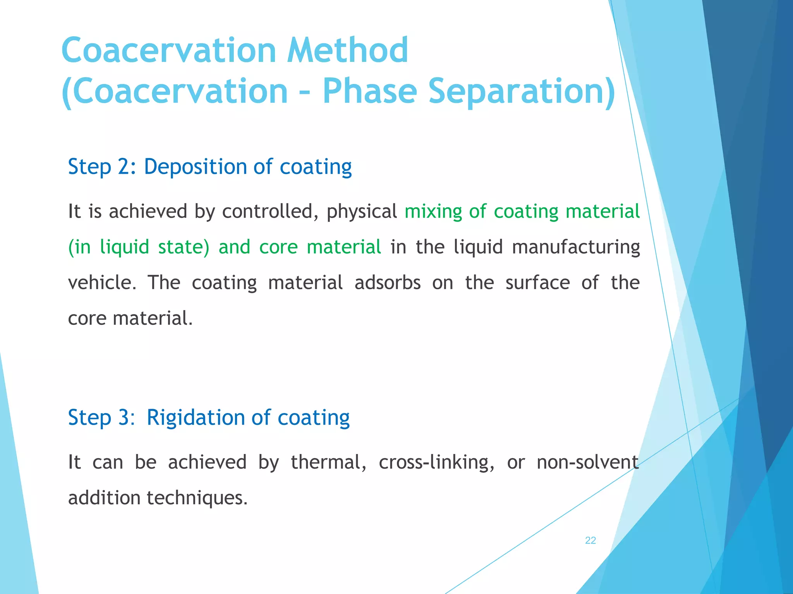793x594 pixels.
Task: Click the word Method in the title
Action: click(x=347, y=50)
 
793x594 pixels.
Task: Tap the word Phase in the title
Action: click(x=369, y=91)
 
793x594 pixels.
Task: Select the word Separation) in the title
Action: click(x=522, y=91)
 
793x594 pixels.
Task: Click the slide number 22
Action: click(x=590, y=540)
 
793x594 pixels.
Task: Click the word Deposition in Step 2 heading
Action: click(x=195, y=167)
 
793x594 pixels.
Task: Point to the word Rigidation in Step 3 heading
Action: click(x=196, y=418)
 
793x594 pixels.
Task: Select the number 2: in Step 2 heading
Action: click(x=127, y=167)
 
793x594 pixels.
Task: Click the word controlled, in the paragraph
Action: click(x=270, y=212)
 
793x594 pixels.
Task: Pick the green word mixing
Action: click(x=433, y=212)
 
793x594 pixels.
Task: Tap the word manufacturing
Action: click(x=576, y=247)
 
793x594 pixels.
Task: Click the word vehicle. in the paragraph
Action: click(x=102, y=283)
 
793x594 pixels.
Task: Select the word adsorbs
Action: click(x=387, y=283)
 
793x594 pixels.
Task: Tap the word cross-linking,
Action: click(x=436, y=462)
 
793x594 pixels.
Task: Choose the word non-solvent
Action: click(x=587, y=462)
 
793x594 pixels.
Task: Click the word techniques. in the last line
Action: click(x=197, y=498)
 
